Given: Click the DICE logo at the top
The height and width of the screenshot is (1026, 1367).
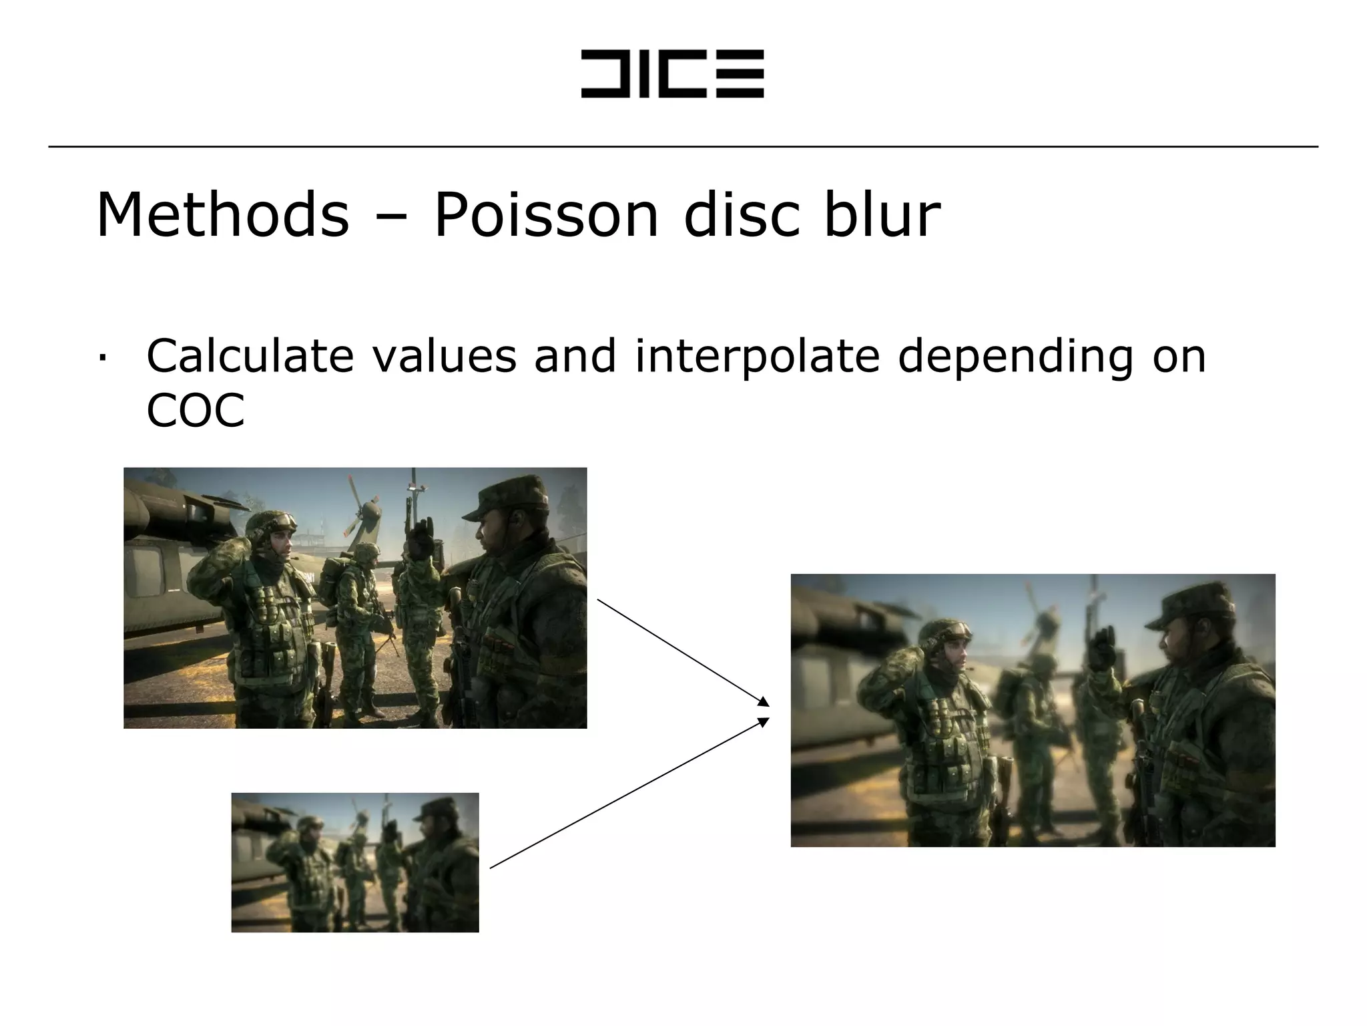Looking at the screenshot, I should (x=672, y=73).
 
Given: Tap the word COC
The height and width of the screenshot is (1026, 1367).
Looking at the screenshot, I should (x=195, y=410).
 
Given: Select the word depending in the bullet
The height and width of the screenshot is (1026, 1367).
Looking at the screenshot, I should (x=1015, y=357).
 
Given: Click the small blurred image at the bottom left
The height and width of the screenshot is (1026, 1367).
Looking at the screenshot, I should (x=355, y=862).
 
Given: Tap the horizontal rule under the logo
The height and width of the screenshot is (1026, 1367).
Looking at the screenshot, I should (x=683, y=146).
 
